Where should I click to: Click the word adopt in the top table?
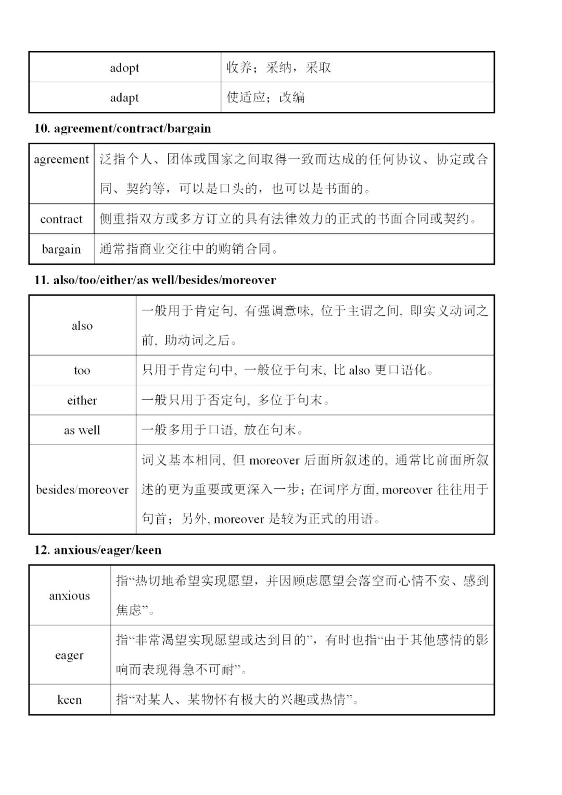coord(124,68)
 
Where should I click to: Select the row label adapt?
coord(124,97)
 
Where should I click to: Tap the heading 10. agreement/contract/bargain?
coord(123,129)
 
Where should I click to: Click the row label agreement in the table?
coord(61,159)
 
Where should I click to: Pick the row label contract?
coord(61,219)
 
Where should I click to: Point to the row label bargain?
coord(61,249)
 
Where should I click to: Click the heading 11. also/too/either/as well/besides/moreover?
coord(155,280)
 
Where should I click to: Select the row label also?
coord(82,326)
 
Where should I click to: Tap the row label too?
coord(82,371)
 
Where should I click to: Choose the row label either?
coord(82,400)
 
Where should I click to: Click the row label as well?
coord(82,431)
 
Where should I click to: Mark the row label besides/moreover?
coord(82,490)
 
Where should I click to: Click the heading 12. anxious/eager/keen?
coord(98,550)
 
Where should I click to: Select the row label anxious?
coord(69,596)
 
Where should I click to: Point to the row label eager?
coord(69,655)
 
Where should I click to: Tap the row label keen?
coord(69,700)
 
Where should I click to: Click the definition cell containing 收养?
coord(279,68)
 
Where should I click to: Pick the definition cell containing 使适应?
coord(266,97)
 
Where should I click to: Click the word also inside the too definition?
coord(359,371)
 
